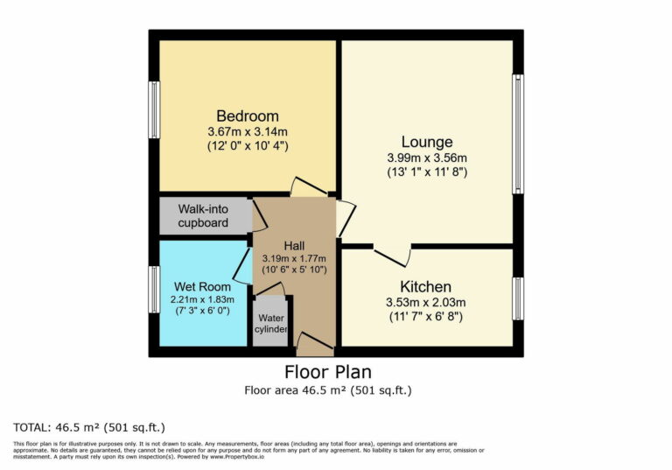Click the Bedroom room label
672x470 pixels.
pyautogui.click(x=248, y=116)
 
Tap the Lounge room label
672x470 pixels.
pyautogui.click(x=427, y=142)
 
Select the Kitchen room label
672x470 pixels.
pyautogui.click(x=426, y=287)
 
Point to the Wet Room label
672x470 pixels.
pyautogui.click(x=202, y=286)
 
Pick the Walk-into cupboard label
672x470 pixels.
pyautogui.click(x=203, y=216)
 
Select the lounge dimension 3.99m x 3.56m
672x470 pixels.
pyautogui.click(x=427, y=158)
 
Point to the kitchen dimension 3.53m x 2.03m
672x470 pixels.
pyautogui.click(x=426, y=303)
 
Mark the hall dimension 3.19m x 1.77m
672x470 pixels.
pyautogui.click(x=294, y=258)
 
